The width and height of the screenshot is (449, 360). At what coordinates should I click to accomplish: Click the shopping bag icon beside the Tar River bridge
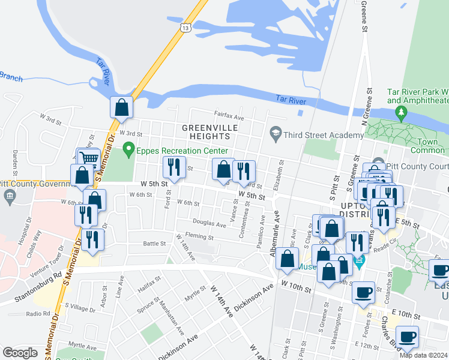pyautogui.click(x=121, y=108)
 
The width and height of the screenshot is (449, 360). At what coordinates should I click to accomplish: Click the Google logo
pyautogui.click(x=20, y=352)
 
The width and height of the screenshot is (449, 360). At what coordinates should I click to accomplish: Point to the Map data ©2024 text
pyautogui.click(x=423, y=355)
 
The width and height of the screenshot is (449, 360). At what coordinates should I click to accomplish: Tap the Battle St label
pyautogui.click(x=154, y=244)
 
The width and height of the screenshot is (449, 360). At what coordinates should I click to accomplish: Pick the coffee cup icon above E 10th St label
pyautogui.click(x=363, y=292)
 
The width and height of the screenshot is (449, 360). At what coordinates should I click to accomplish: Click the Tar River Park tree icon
pyautogui.click(x=399, y=112)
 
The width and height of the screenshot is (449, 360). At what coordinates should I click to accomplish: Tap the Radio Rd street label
pyautogui.click(x=37, y=314)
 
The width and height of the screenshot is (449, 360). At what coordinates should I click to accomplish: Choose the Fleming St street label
pyautogui.click(x=200, y=237)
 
